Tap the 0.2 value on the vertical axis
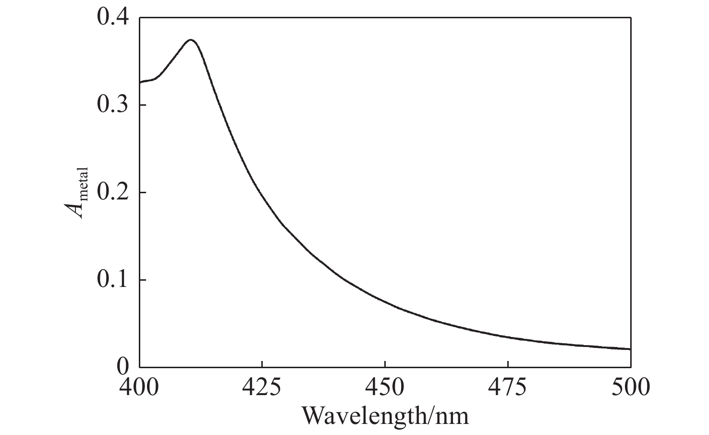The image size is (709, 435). click(x=113, y=192)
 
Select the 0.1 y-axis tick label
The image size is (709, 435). click(x=113, y=280)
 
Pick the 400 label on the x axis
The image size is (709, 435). click(x=139, y=387)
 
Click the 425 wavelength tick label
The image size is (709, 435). click(x=262, y=387)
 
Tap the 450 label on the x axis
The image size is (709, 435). click(x=385, y=387)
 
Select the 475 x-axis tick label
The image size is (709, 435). click(x=508, y=387)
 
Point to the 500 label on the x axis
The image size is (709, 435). click(x=630, y=387)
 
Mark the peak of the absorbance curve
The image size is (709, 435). click(x=191, y=39)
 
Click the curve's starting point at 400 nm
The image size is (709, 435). click(x=140, y=83)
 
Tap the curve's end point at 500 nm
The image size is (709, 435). click(x=630, y=349)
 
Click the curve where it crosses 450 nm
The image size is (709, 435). click(x=385, y=301)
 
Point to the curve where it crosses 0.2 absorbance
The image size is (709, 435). click(x=260, y=192)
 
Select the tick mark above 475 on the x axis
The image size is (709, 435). click(x=508, y=364)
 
